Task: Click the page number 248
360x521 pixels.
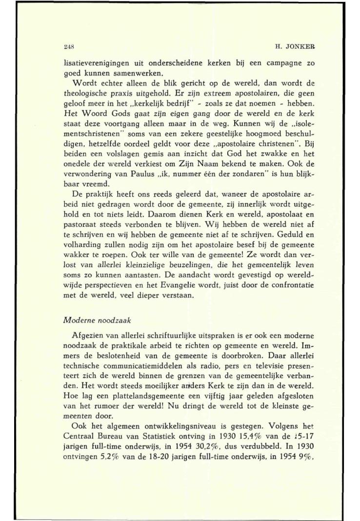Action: coord(69,47)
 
